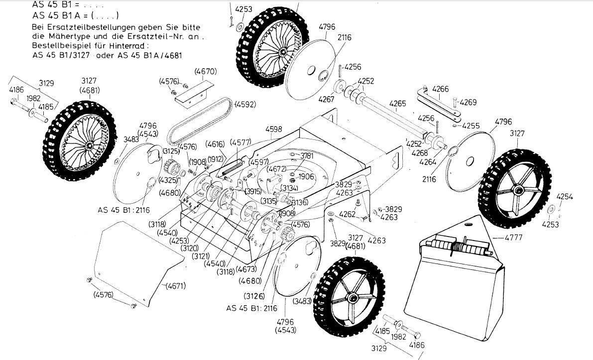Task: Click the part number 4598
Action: pos(273,128)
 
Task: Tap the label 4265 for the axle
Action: pos(397,104)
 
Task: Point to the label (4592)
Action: pos(246,105)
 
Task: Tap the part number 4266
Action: pos(440,89)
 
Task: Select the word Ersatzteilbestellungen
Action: pos(89,27)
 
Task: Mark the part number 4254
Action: pos(564,197)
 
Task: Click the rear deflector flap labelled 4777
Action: pos(456,279)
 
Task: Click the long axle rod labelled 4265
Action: pos(393,118)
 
